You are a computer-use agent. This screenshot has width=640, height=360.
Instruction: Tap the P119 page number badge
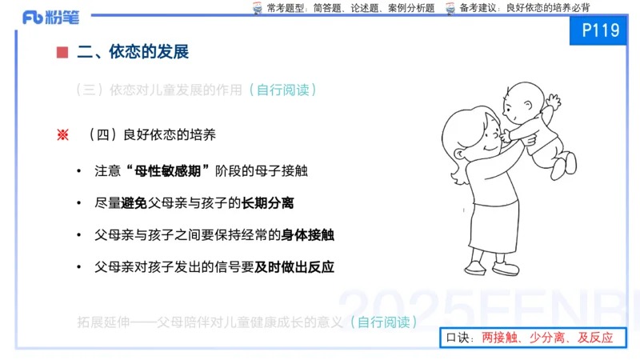click(x=602, y=31)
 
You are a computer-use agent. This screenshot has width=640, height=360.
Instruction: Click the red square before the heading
click(x=62, y=53)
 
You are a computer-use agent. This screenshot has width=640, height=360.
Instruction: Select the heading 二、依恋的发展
click(x=133, y=53)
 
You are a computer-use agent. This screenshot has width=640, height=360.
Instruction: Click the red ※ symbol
click(x=62, y=135)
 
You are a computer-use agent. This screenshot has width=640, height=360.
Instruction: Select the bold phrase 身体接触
click(x=307, y=235)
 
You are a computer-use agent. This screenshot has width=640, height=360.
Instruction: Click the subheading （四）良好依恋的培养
click(x=151, y=135)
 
